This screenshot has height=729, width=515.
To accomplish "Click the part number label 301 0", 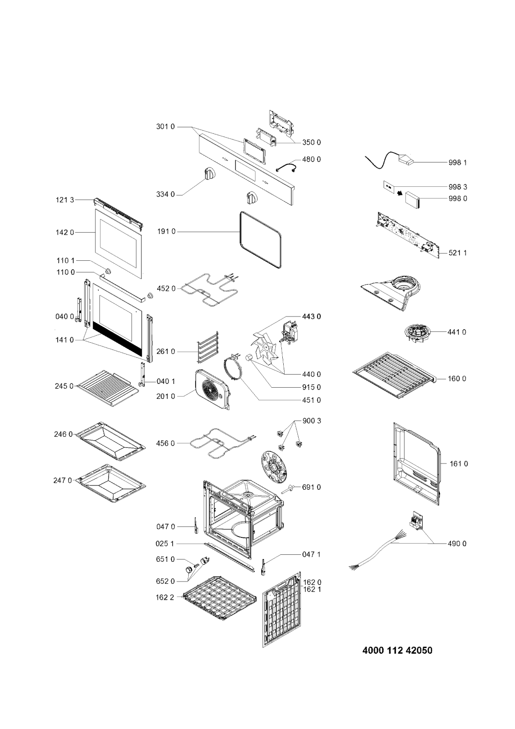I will pyautogui.click(x=165, y=127).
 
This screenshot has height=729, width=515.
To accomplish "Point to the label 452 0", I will pyautogui.click(x=167, y=288).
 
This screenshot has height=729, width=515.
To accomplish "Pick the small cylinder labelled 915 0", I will pyautogui.click(x=249, y=359).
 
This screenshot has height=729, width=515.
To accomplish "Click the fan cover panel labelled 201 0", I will pyautogui.click(x=213, y=388).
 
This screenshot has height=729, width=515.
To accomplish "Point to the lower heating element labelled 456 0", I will pyautogui.click(x=220, y=442).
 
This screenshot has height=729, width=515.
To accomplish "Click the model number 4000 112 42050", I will pyautogui.click(x=397, y=650).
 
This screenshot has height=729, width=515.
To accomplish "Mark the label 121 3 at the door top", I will pyautogui.click(x=66, y=200).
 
